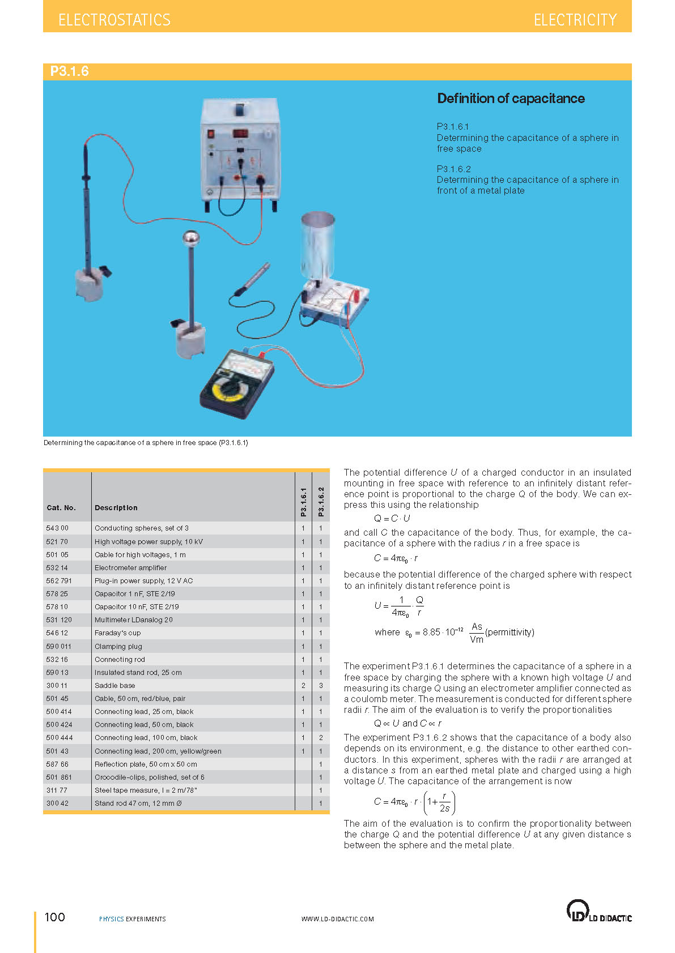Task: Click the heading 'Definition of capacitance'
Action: click(x=511, y=99)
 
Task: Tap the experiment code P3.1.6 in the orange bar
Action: click(x=70, y=71)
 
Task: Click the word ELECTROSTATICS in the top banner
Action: click(x=114, y=20)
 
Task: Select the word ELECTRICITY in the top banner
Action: click(x=575, y=20)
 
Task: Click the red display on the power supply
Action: click(x=240, y=134)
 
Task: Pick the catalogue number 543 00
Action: click(x=57, y=528)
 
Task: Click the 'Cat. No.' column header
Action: click(x=61, y=508)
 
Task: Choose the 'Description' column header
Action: click(x=116, y=508)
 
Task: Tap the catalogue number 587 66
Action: click(x=57, y=764)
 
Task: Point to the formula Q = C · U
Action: click(x=392, y=518)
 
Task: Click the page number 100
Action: click(x=55, y=917)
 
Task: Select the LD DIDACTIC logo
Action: click(x=598, y=912)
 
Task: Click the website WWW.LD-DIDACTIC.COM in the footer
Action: click(x=338, y=919)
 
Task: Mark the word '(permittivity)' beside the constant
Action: click(x=510, y=633)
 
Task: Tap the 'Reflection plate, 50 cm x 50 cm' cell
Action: click(x=146, y=764)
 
